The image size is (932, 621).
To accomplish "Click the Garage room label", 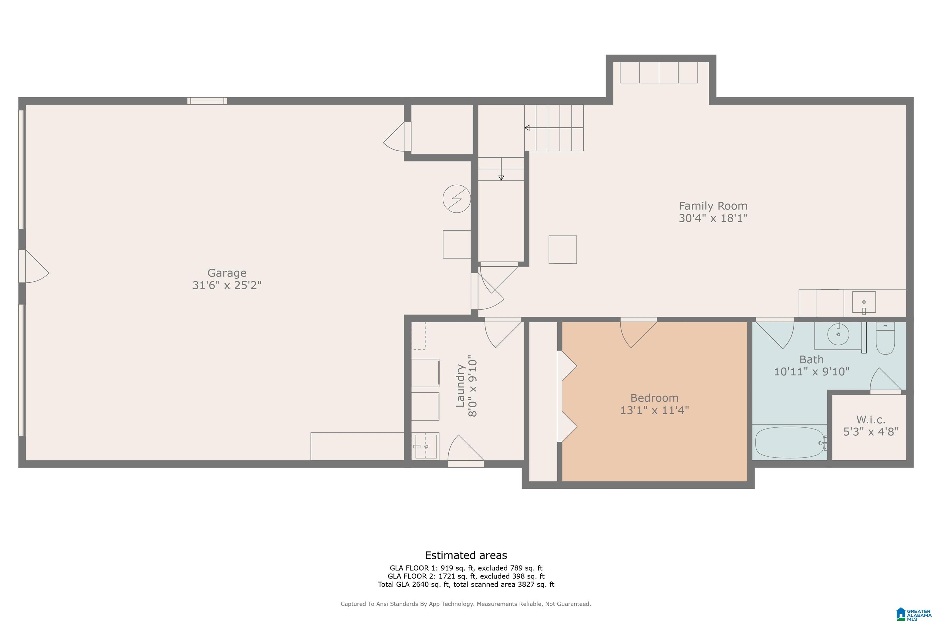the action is coord(227,273).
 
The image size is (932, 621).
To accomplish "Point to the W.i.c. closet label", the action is coord(871,419).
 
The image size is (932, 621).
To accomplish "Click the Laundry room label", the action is coord(461,385).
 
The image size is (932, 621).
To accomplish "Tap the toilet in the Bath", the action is coord(885,339).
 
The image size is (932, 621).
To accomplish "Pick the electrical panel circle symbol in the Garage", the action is coord(457,198).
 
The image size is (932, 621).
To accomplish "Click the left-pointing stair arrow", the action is coord(554,128).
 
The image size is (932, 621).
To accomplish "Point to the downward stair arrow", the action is coord(501,169).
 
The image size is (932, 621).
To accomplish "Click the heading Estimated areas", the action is coord(466,555).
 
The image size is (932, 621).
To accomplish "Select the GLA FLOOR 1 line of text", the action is coord(466,568).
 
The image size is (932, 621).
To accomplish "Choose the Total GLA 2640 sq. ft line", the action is coord(466,584).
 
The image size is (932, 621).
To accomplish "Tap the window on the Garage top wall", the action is coord(207,101).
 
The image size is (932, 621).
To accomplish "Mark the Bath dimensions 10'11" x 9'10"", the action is coord(812,371).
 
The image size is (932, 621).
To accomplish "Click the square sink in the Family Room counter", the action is coord(864,303).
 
